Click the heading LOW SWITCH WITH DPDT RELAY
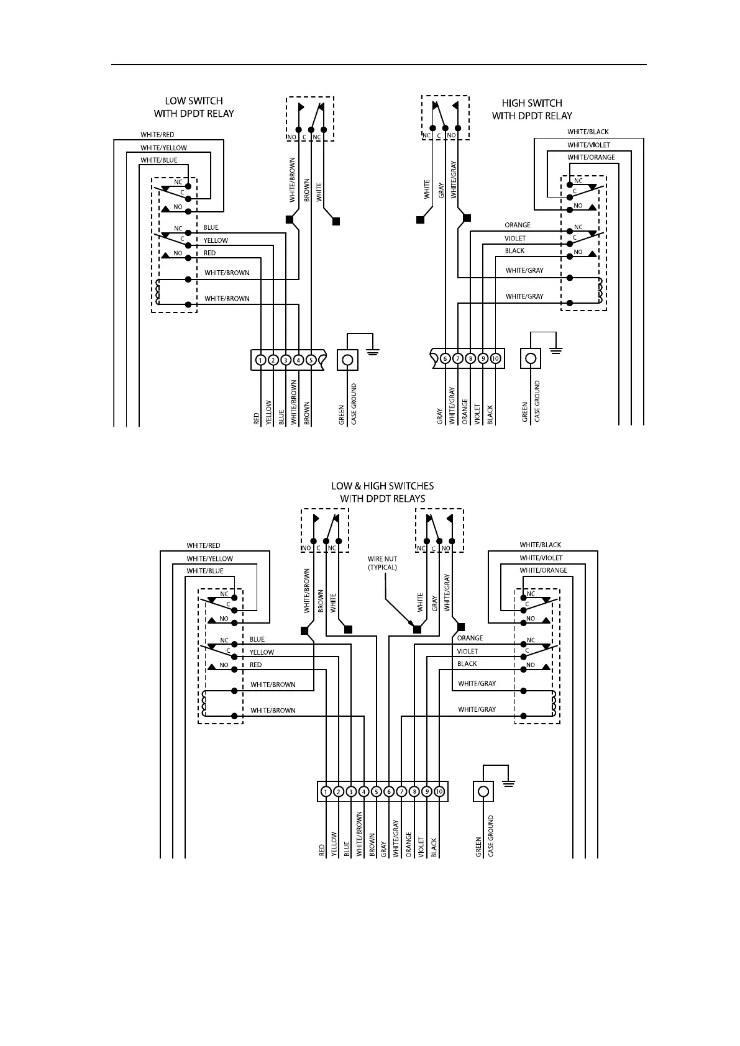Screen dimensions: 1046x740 pos(194,107)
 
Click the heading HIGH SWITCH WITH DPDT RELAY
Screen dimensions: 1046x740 pos(532,109)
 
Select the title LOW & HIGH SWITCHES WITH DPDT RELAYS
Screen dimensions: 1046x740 pos(382,492)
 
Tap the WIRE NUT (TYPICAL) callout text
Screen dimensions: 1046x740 pos(382,563)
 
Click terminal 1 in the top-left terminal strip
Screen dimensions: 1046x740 pos(260,360)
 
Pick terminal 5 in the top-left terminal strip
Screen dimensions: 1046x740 pos(311,360)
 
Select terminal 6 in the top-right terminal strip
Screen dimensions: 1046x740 pos(445,358)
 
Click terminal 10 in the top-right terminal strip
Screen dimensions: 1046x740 pos(495,358)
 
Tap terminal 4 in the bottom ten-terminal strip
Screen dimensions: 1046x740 pos(364,791)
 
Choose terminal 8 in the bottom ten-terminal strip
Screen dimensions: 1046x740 pos(414,791)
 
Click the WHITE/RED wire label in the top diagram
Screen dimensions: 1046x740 pos(157,135)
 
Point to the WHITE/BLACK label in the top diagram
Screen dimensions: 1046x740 pos(588,132)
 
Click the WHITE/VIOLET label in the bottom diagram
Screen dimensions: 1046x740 pos(541,558)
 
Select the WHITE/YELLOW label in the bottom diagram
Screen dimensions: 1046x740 pos(209,558)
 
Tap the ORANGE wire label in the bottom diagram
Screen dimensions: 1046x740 pos(470,638)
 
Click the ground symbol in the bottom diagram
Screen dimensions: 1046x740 pos(508,781)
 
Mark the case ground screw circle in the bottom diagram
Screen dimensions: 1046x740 pos(483,791)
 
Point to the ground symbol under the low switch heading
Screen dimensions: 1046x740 pos(373,352)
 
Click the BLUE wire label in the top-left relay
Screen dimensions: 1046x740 pos(211,227)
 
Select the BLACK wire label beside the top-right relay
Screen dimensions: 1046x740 pos(514,251)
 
